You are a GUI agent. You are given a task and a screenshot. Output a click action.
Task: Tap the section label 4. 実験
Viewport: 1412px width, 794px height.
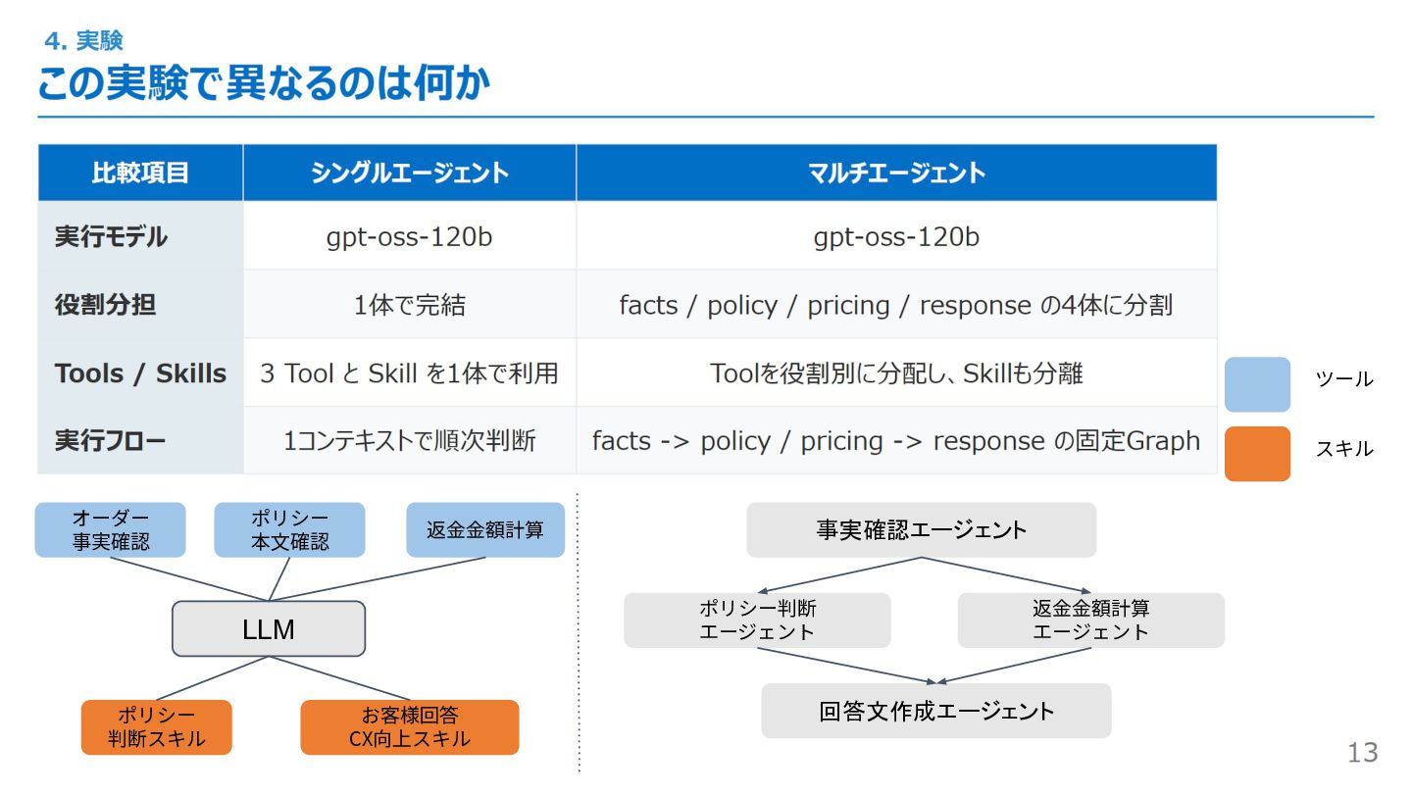coord(83,41)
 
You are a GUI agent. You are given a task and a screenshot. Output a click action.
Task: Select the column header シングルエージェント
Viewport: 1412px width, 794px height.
coord(409,174)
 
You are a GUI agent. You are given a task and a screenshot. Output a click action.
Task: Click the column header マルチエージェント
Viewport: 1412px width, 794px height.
coord(896,174)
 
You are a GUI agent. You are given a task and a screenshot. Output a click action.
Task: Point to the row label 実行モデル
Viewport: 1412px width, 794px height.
coord(111,237)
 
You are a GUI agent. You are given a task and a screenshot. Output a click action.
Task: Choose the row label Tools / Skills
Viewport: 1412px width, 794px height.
coord(140,373)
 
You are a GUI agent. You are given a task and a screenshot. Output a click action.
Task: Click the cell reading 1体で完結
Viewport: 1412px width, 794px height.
coord(409,305)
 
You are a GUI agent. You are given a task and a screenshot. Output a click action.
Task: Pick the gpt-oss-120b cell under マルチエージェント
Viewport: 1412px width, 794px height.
coord(896,237)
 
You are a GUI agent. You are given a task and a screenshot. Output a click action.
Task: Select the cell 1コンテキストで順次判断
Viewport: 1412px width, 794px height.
coord(409,441)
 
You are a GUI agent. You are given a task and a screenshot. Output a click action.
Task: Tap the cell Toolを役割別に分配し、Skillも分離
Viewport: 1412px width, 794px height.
coord(896,373)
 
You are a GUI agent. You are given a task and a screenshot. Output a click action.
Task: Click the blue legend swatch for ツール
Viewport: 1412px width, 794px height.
coord(1257,384)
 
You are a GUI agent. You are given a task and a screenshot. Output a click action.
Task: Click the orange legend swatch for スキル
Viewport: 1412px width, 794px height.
coord(1257,454)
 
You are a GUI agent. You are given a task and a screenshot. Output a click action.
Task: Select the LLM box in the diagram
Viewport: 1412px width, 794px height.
coord(269,629)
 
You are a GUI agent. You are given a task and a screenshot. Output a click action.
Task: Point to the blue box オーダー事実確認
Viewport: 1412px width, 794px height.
coord(110,530)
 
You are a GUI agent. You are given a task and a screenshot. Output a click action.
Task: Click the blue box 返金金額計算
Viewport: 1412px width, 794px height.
coord(485,530)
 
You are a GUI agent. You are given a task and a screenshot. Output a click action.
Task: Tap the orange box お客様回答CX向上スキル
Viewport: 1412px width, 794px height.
coord(409,727)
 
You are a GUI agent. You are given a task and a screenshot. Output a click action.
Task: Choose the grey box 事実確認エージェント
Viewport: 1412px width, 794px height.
coord(921,530)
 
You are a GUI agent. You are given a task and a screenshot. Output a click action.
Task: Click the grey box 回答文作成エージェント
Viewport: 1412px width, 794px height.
coord(935,711)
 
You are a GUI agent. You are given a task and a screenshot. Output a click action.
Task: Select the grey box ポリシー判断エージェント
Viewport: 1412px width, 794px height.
coord(757,620)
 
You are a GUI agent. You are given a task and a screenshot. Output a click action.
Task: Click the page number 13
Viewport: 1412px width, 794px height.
coord(1362,753)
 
